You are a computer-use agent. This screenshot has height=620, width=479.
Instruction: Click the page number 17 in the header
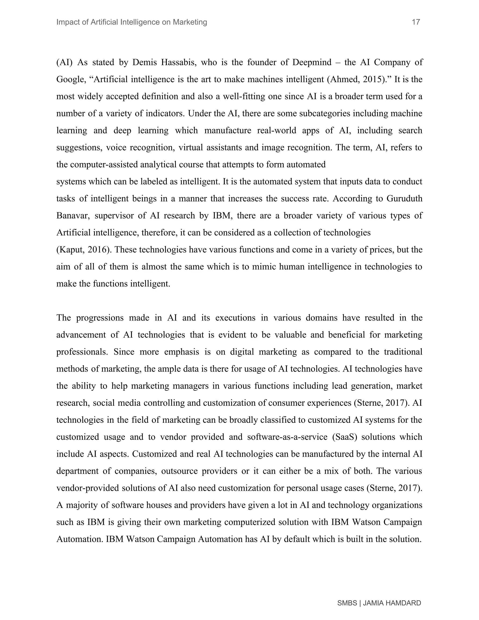416,22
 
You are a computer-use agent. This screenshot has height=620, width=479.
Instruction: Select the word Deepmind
312,62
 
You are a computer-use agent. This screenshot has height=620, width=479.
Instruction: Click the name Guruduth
404,199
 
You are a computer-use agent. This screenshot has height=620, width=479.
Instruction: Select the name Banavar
73,216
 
